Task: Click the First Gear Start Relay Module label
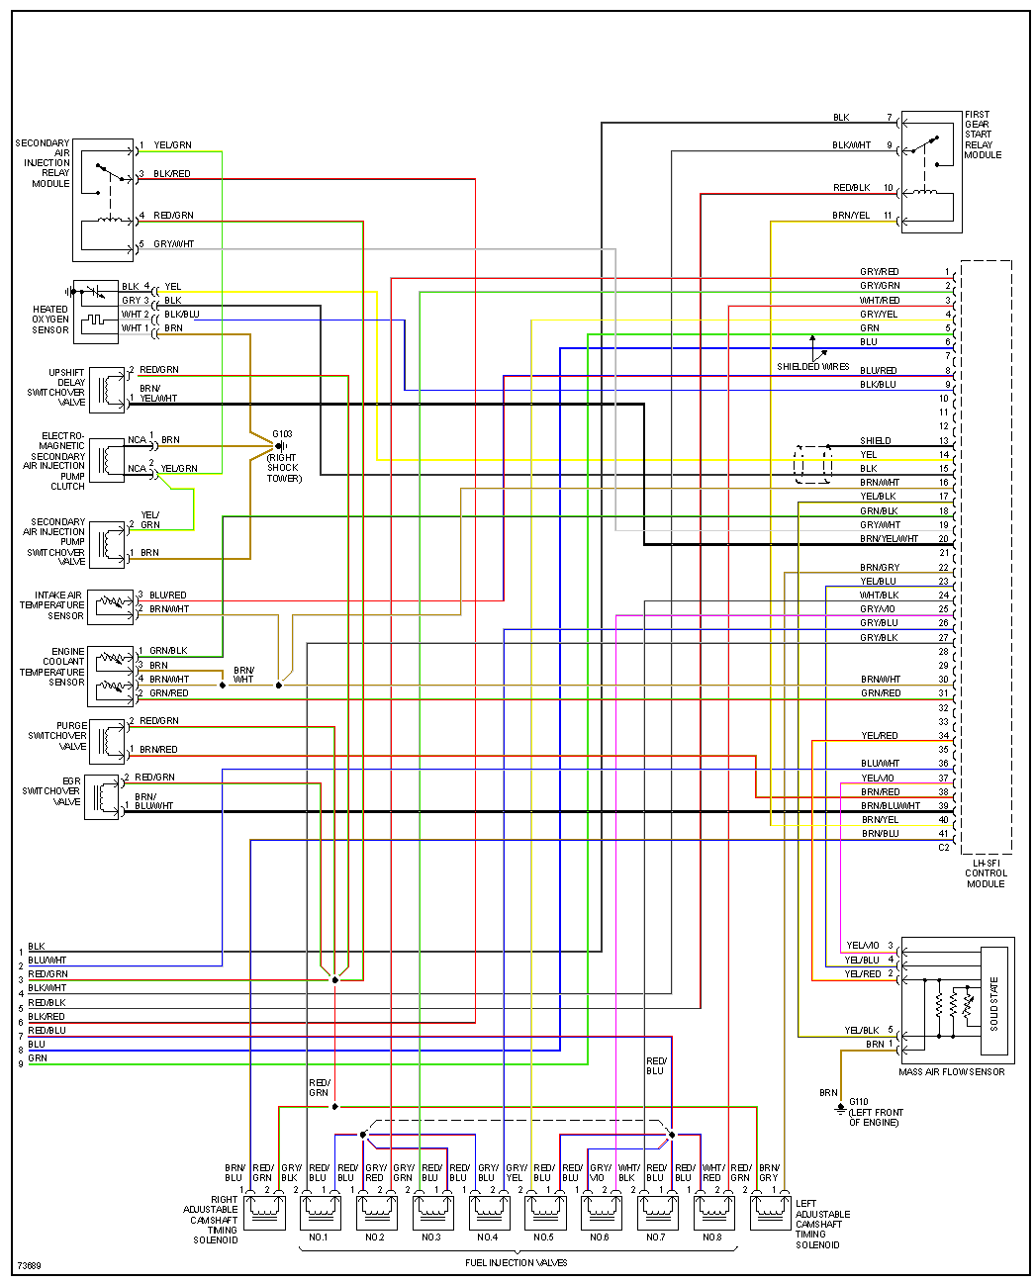pos(983,135)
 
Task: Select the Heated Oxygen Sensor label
pos(50,320)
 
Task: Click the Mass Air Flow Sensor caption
pos(951,1071)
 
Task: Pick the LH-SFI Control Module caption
pos(986,873)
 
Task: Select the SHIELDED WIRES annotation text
pos(812,367)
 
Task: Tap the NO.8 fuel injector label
pos(711,1237)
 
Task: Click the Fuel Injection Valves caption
pos(516,1262)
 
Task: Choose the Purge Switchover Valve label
pos(57,736)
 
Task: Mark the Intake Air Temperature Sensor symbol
pos(111,605)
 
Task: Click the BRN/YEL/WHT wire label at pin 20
pos(889,539)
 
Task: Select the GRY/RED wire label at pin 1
pos(879,272)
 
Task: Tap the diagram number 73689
pos(29,1266)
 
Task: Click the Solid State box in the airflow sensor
pos(993,1003)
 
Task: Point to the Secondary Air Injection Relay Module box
pos(104,200)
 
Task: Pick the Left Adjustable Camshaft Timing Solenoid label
pos(822,1224)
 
